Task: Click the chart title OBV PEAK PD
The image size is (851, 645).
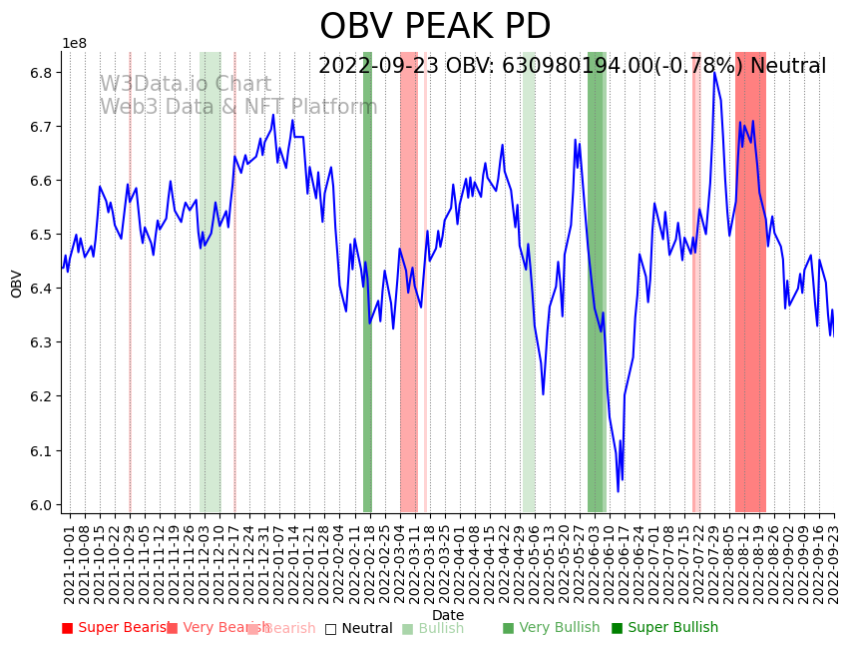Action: [435, 27]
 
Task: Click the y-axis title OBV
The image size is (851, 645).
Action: [17, 284]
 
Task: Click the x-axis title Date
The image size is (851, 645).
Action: [448, 615]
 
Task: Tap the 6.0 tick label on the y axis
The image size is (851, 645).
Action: [41, 505]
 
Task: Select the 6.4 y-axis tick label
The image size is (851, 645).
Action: [41, 289]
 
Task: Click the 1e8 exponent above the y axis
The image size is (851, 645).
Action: [74, 44]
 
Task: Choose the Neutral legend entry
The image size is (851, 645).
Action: [358, 628]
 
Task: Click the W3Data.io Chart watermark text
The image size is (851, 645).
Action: [185, 85]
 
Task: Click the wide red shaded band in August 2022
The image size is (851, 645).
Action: [750, 280]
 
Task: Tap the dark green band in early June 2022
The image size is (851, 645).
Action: [597, 280]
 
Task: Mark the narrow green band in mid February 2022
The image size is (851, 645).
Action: [367, 280]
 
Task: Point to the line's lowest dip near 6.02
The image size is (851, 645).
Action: [618, 491]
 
